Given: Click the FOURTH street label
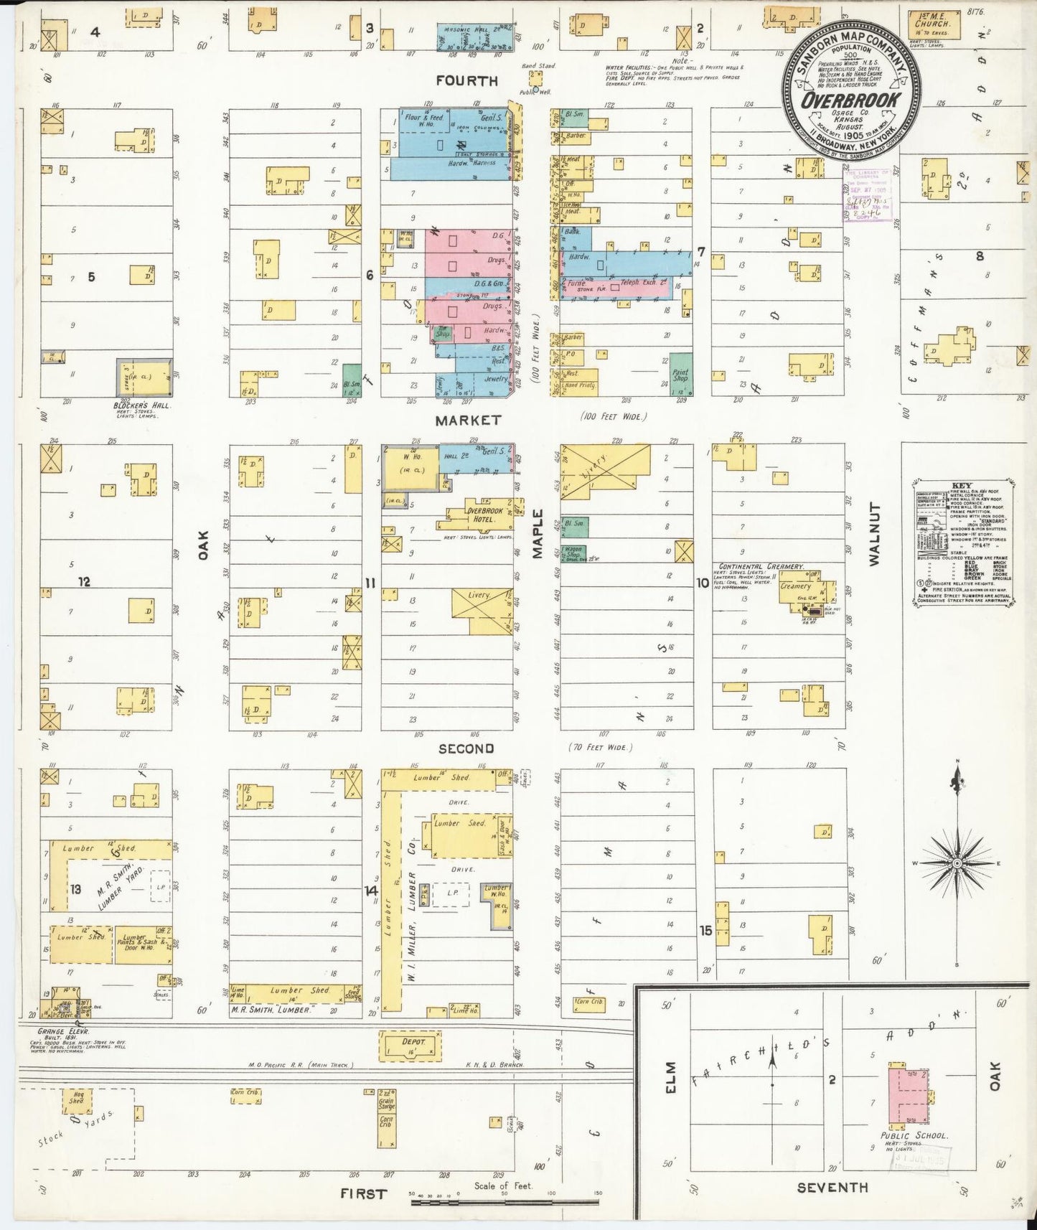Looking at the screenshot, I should pos(466,81).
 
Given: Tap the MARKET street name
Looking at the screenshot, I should pos(467,420).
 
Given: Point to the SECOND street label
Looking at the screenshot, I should pos(466,748).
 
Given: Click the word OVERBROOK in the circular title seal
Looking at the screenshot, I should pos(850,99).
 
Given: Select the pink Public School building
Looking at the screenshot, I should pos(908,1096).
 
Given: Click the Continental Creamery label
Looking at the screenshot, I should pos(761,567).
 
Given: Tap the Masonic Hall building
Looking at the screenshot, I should pos(474,36).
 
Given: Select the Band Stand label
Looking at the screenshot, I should pos(538,66).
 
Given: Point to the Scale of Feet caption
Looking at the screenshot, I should pos(503,1186).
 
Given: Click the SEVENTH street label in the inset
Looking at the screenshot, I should pos(832,1188).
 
